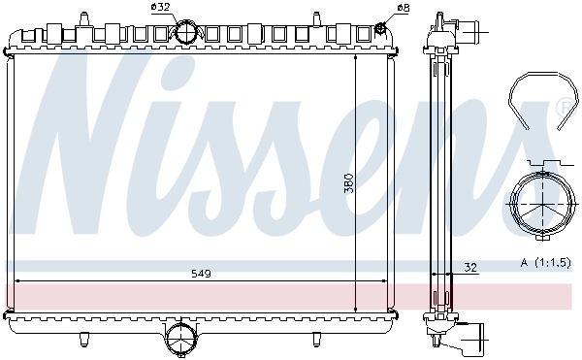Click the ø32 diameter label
pos(160,8)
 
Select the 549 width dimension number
pos(200,274)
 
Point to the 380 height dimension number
pos(349,180)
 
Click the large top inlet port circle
pos(186,32)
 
